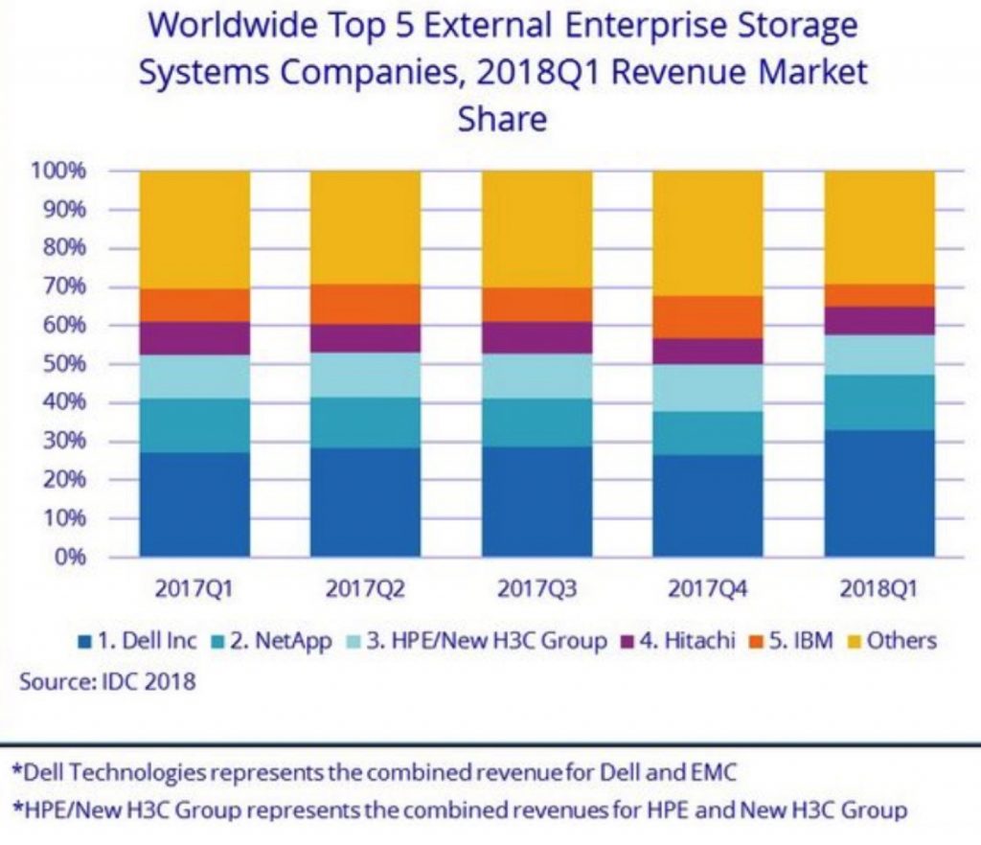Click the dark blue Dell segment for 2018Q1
click(879, 493)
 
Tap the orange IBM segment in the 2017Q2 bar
click(365, 304)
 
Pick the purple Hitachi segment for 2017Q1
click(194, 338)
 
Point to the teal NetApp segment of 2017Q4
click(708, 433)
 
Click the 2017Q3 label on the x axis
click(536, 588)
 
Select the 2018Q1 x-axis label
click(879, 588)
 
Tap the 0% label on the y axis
click(74, 557)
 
